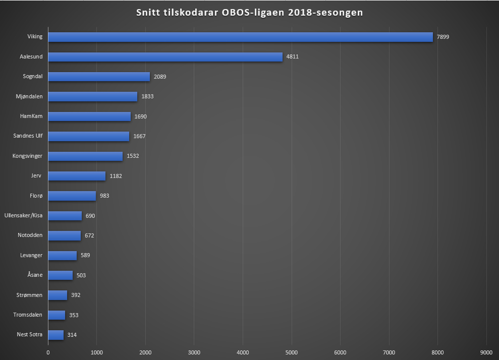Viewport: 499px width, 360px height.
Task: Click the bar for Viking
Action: (x=241, y=37)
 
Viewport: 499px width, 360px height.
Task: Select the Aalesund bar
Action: (x=165, y=56)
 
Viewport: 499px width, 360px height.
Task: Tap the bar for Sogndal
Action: (x=99, y=77)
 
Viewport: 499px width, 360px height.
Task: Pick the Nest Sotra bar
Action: (x=56, y=334)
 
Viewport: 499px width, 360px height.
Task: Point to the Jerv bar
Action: (x=77, y=176)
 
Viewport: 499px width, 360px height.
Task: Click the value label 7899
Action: (x=443, y=37)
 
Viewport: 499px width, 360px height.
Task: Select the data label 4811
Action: (x=293, y=56)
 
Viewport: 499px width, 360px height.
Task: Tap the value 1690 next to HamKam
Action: (x=140, y=116)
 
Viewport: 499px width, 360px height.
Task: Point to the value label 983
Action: (x=104, y=196)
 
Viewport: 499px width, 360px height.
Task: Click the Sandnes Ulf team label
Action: (x=28, y=136)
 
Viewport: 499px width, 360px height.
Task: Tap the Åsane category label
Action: (x=34, y=275)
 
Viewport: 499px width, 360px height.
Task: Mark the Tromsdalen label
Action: (x=28, y=315)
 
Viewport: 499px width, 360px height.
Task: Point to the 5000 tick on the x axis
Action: (x=291, y=352)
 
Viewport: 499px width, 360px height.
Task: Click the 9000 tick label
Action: (x=486, y=352)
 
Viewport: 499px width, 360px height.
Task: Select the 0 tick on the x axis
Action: (x=48, y=352)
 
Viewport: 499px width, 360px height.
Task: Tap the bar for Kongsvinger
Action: (x=85, y=156)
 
